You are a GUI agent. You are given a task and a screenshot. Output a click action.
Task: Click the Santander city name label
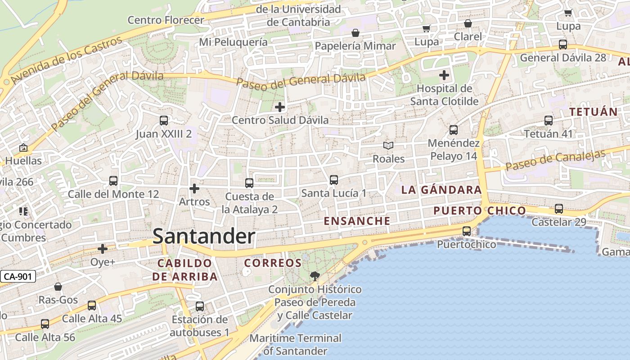(204, 236)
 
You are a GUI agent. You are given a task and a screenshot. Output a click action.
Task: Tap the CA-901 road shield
(18, 276)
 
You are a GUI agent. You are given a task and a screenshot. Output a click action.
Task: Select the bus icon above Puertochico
(467, 231)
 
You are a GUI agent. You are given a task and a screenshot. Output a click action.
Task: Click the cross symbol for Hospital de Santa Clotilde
(444, 75)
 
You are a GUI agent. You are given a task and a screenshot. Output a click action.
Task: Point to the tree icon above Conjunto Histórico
(314, 276)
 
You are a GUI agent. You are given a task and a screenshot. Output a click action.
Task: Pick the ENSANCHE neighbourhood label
(357, 221)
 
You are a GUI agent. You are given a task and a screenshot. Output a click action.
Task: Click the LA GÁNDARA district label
(441, 190)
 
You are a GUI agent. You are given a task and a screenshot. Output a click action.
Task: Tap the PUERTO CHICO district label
(480, 211)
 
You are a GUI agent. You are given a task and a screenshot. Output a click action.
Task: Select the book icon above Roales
(388, 146)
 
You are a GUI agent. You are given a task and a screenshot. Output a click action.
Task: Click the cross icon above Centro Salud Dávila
(280, 107)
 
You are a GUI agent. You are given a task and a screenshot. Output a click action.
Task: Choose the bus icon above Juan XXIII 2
(164, 121)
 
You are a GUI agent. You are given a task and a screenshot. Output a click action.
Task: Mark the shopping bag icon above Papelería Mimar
(355, 33)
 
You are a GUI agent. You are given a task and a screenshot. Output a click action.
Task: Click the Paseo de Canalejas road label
(556, 160)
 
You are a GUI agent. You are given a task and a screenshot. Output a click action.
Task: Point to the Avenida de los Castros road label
(67, 60)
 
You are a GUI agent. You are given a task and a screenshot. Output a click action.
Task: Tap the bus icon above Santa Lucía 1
(334, 180)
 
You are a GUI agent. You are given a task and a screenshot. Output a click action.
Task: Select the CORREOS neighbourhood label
(272, 263)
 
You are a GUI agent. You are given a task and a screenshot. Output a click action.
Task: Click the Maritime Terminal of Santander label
(295, 344)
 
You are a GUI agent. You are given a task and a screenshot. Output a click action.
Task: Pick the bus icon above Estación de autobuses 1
(200, 306)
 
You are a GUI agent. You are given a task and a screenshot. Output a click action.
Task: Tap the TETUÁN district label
(593, 112)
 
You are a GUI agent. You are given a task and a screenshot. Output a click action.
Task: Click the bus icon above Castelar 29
(559, 209)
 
